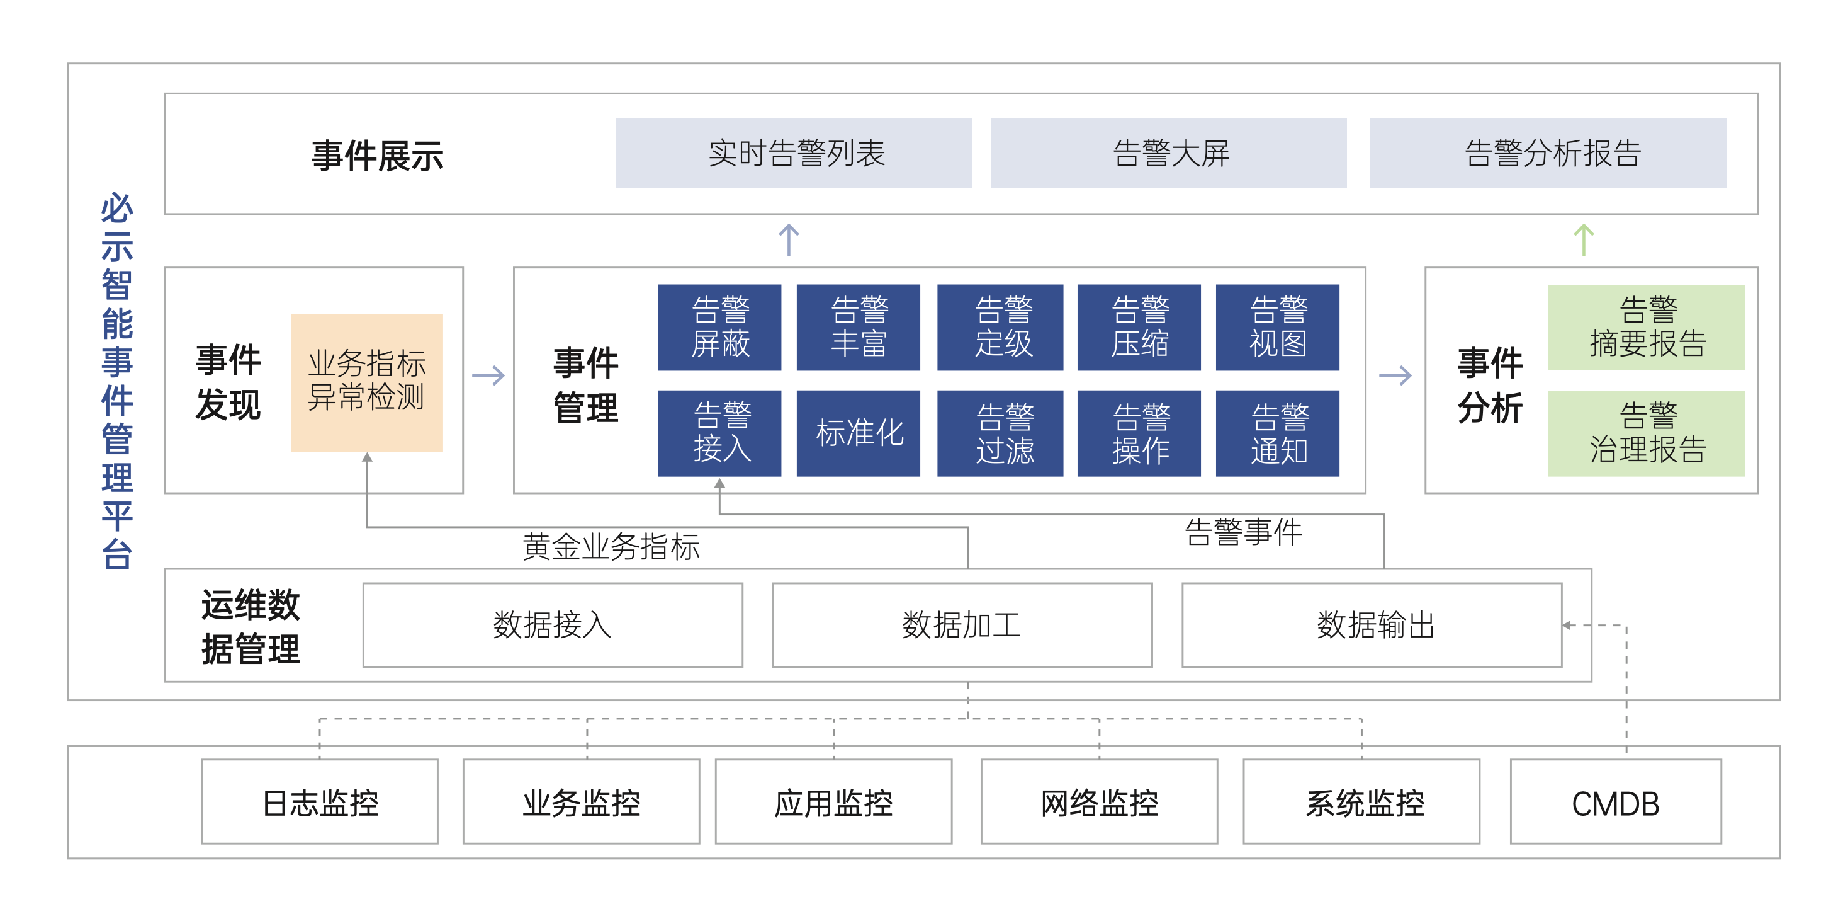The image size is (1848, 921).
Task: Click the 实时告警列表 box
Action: point(794,153)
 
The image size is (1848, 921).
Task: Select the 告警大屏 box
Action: point(1168,153)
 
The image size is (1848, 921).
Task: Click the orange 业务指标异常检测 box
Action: point(366,382)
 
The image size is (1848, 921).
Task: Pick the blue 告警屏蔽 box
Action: point(719,328)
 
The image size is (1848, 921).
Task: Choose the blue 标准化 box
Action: point(858,433)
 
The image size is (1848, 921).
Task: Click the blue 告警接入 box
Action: point(719,433)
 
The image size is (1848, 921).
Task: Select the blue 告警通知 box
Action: point(1277,433)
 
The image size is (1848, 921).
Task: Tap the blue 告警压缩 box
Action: point(1139,328)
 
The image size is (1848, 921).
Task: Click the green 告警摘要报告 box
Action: point(1646,328)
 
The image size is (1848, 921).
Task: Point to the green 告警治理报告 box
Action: point(1646,433)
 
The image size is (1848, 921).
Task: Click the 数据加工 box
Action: point(962,624)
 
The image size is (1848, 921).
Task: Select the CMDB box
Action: point(1616,802)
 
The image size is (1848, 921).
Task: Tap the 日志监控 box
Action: point(319,802)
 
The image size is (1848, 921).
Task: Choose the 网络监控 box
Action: point(1099,802)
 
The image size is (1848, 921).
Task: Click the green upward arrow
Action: point(1583,240)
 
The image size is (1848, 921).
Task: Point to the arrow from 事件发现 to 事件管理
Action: point(488,375)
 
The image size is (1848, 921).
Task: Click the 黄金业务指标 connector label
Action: point(611,547)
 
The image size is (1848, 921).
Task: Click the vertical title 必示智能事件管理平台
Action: point(117,380)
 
